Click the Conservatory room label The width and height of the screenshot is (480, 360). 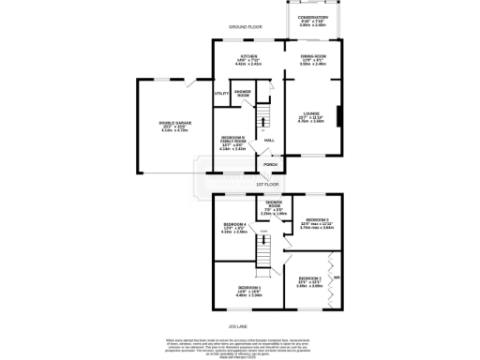(313, 17)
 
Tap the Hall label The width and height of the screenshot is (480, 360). (269, 141)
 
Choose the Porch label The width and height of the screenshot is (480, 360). (270, 164)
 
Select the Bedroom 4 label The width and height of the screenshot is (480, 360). (234, 224)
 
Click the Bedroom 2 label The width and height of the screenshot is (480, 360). (310, 278)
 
